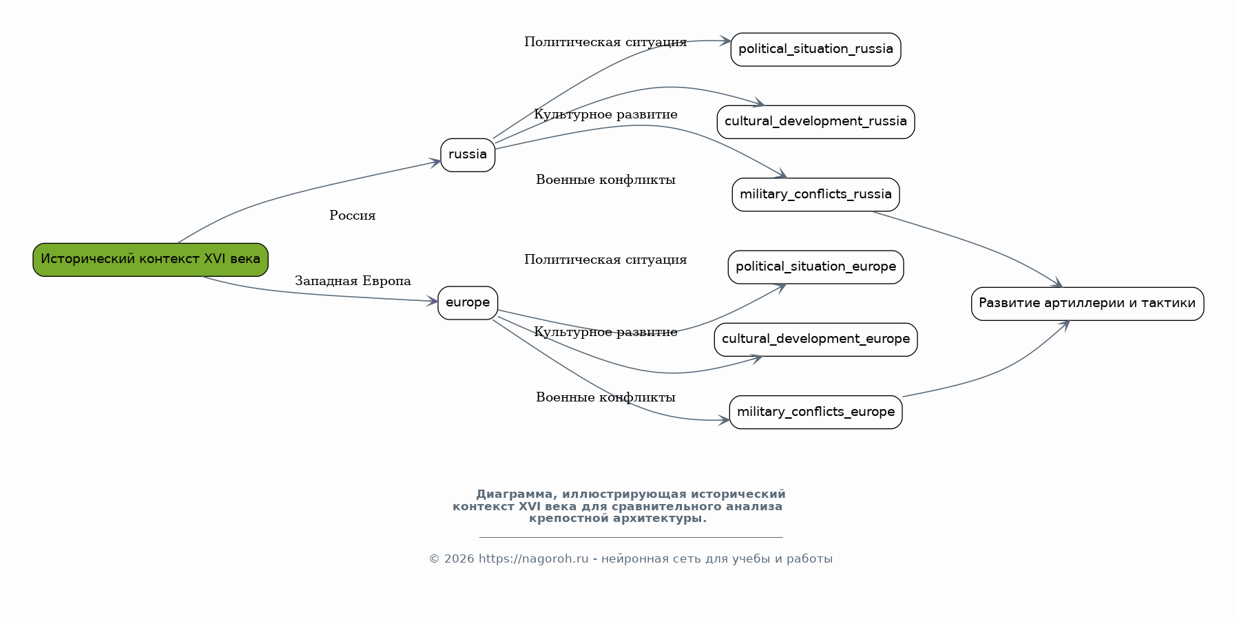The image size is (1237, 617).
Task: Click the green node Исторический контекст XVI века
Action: click(x=150, y=260)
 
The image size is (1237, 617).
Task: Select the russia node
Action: click(x=468, y=155)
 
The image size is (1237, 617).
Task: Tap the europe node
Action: click(x=468, y=303)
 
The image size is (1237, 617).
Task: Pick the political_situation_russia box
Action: click(x=815, y=50)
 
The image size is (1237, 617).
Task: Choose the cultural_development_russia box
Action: click(x=815, y=122)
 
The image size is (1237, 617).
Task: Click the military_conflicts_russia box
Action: click(x=815, y=194)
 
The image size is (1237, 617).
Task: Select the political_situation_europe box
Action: click(x=815, y=267)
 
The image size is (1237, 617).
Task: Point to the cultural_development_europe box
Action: click(x=815, y=339)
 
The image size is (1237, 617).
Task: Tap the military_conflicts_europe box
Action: click(x=815, y=412)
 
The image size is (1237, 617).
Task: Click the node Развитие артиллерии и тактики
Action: click(x=1088, y=304)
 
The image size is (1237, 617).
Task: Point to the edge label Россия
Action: click(x=353, y=216)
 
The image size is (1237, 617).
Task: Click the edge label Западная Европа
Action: click(x=353, y=281)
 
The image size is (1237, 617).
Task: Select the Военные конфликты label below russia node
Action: click(x=605, y=180)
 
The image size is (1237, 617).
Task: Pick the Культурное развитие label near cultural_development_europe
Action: click(x=605, y=332)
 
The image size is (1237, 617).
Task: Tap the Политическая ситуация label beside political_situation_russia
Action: click(x=605, y=42)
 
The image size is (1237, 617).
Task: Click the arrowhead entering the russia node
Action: click(x=435, y=163)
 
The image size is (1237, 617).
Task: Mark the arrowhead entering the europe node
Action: click(x=433, y=301)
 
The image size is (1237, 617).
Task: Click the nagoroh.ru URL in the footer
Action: click(x=534, y=558)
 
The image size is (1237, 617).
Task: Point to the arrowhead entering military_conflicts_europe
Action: click(x=724, y=420)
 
